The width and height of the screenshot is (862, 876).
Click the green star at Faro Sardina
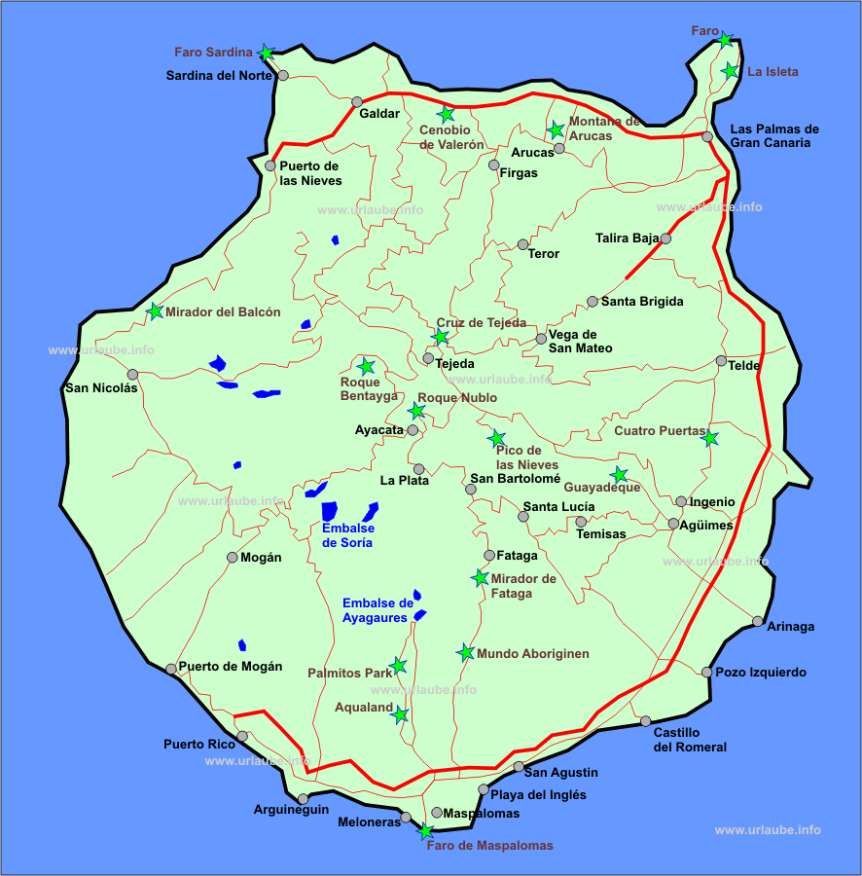(x=266, y=52)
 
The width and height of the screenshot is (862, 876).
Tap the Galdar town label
(x=379, y=113)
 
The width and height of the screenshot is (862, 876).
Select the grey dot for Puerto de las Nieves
(x=270, y=165)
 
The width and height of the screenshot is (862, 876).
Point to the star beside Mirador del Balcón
(x=155, y=311)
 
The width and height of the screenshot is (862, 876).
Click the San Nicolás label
(x=101, y=387)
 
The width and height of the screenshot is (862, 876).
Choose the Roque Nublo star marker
(x=416, y=411)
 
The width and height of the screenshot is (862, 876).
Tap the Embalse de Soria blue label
(x=346, y=535)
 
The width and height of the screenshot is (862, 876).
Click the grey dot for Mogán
(x=232, y=558)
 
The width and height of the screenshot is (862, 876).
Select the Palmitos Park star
(x=398, y=666)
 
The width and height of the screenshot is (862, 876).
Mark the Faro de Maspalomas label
(x=489, y=846)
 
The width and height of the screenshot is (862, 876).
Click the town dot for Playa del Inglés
(x=484, y=789)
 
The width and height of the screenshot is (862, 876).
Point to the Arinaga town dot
(x=758, y=621)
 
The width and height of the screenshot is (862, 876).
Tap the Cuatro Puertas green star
(x=710, y=438)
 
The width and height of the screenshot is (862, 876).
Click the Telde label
(x=746, y=366)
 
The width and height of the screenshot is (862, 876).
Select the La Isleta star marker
(x=730, y=70)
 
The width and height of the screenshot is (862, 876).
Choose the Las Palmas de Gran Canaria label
(x=774, y=135)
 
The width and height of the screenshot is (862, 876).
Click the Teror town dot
(x=523, y=244)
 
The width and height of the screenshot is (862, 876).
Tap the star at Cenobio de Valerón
(x=447, y=114)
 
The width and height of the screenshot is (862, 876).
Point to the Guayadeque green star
(x=620, y=475)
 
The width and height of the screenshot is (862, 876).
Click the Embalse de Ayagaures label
(x=377, y=610)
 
